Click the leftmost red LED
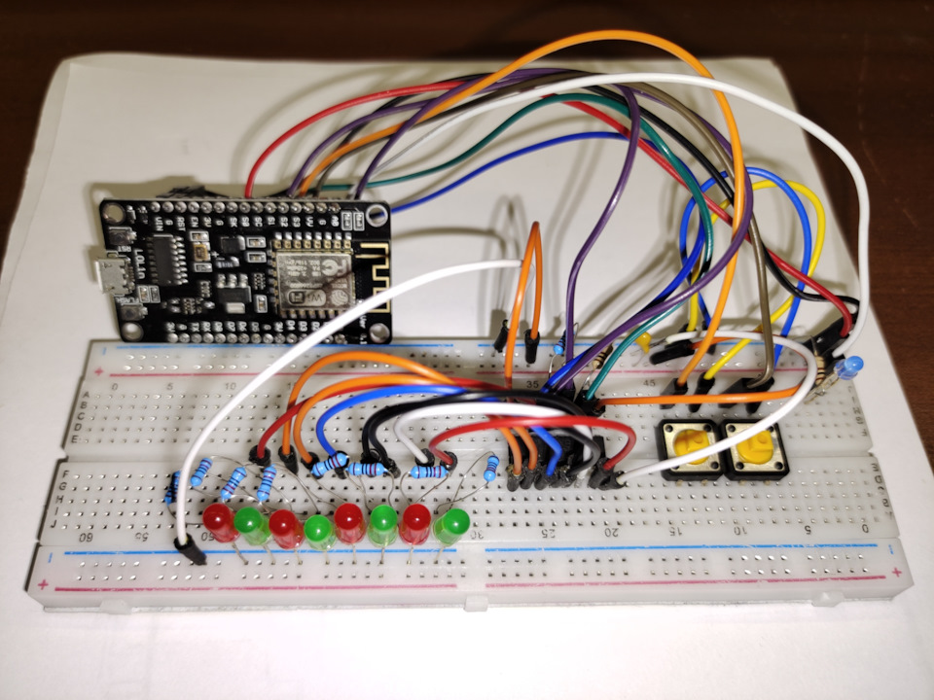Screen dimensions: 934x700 (220, 521)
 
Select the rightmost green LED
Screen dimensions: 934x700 (450, 528)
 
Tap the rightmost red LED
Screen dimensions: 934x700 (416, 523)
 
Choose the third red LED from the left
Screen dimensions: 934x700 (349, 523)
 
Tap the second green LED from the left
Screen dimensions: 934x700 (318, 530)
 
